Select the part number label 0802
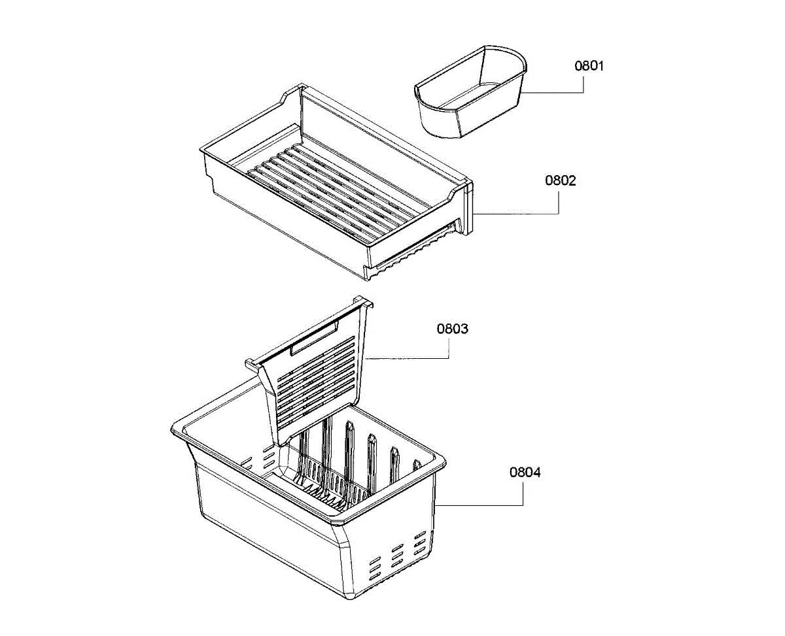pyautogui.click(x=561, y=180)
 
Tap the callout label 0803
pyautogui.click(x=452, y=329)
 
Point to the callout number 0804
pyautogui.click(x=525, y=473)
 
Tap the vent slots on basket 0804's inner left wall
pyautogui.click(x=258, y=457)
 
